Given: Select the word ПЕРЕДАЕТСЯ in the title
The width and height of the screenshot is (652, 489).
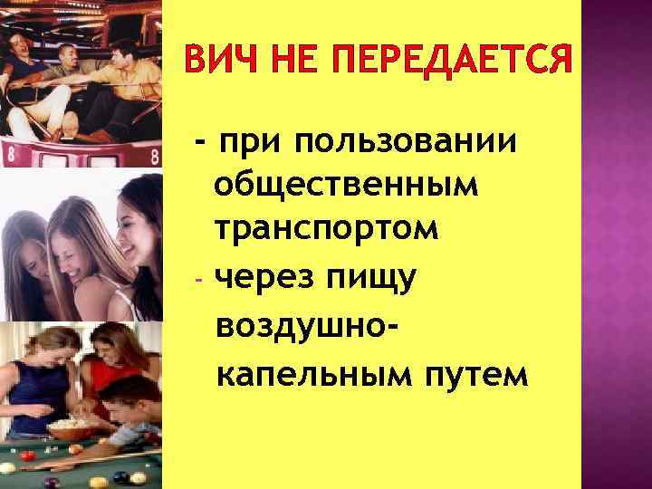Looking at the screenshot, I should [x=454, y=63].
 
